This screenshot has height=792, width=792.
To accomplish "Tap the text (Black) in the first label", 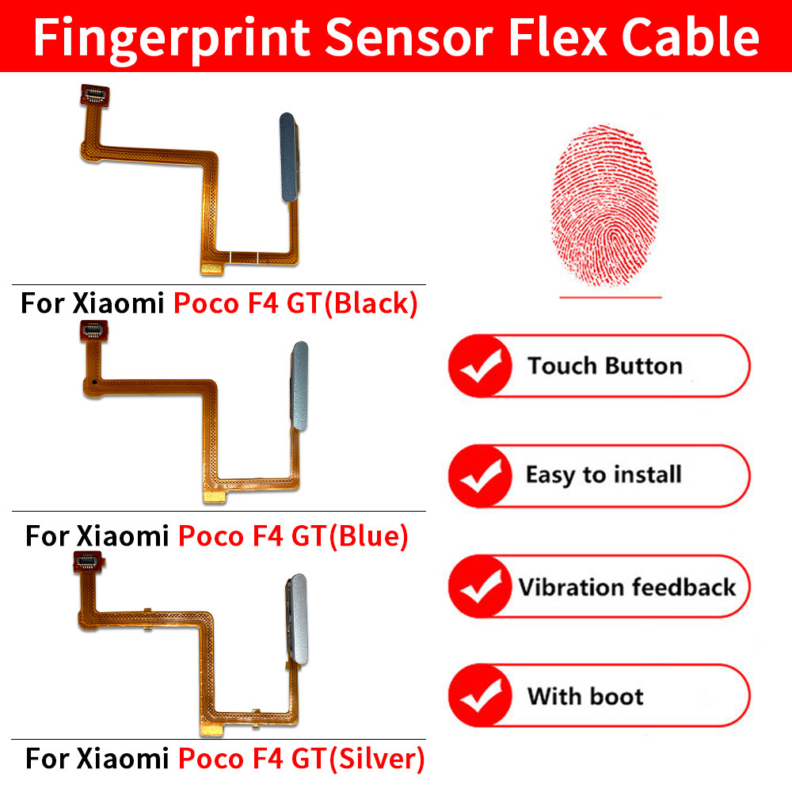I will click(371, 304).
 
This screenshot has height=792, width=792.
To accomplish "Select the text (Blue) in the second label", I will click(367, 536).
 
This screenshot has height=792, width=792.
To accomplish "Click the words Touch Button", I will click(604, 366).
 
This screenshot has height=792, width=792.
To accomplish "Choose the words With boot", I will click(585, 697).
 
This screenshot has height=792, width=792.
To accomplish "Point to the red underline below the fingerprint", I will click(610, 298).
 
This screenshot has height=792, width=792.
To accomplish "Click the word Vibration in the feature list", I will click(570, 588).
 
